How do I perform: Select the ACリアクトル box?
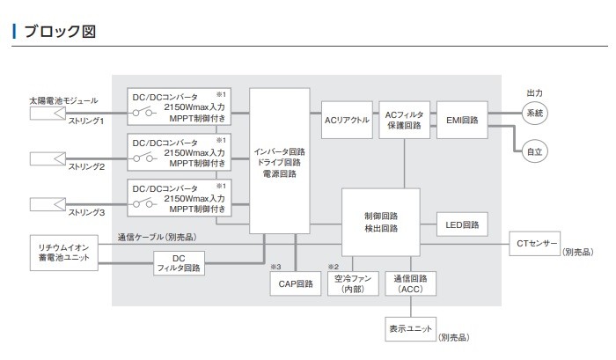click(x=346, y=119)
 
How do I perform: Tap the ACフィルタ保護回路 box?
click(x=404, y=119)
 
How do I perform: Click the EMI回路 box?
click(x=461, y=119)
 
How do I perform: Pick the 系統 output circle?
click(x=535, y=113)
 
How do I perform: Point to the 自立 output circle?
click(x=535, y=151)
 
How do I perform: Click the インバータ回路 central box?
click(x=280, y=161)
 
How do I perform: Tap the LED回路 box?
click(x=461, y=224)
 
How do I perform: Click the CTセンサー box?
click(x=534, y=240)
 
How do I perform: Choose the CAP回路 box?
click(x=296, y=283)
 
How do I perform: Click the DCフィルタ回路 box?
click(x=180, y=262)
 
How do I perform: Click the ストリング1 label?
click(x=87, y=121)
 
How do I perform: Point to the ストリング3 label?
click(x=87, y=212)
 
